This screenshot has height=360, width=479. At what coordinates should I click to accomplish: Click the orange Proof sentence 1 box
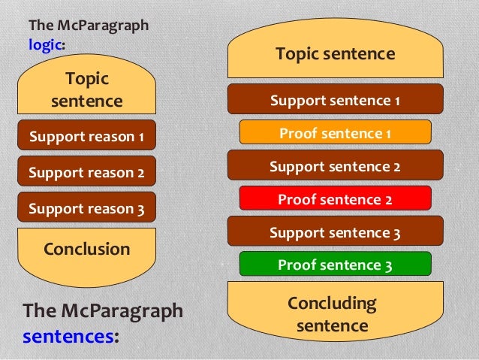coord(335,133)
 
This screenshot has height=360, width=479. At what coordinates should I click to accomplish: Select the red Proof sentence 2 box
coord(335,198)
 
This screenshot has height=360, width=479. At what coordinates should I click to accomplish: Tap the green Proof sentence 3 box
coord(335,264)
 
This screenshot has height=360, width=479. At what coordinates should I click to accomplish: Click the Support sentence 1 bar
coord(335,100)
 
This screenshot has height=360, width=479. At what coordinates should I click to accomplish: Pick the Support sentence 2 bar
coord(335,165)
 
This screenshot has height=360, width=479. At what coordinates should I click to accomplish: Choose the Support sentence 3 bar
coord(335,232)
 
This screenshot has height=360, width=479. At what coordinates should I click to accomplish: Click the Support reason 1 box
coord(86,137)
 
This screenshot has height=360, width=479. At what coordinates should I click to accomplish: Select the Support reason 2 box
coord(86,172)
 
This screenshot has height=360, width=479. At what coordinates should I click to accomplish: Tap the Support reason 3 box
coord(86,208)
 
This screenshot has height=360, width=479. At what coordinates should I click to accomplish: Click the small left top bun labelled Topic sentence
coord(86,89)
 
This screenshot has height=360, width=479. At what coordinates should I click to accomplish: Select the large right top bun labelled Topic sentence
coord(335,54)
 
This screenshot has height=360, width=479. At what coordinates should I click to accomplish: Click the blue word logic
coord(45,44)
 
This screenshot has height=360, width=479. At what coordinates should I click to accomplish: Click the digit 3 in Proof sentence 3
coord(388,265)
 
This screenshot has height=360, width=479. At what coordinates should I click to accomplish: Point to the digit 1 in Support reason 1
coord(140,138)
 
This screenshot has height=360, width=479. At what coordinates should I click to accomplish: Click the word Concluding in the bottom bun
coord(332,304)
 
